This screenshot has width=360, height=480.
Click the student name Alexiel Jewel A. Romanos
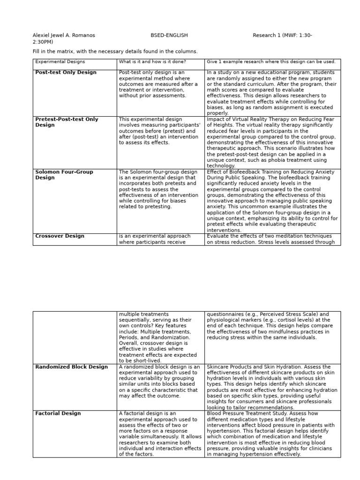(63, 35)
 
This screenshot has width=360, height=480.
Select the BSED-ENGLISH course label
(169, 35)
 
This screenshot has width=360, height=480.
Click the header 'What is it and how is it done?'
(152, 61)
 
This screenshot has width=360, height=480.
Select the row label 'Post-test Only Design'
(66, 73)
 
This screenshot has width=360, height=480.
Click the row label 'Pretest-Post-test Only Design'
(67, 122)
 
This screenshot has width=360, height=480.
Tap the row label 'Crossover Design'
(60, 236)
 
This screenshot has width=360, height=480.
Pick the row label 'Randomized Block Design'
(71, 367)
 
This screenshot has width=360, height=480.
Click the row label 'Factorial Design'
(58, 413)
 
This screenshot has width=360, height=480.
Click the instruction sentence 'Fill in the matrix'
(115, 52)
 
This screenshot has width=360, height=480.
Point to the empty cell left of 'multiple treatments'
(75, 337)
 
